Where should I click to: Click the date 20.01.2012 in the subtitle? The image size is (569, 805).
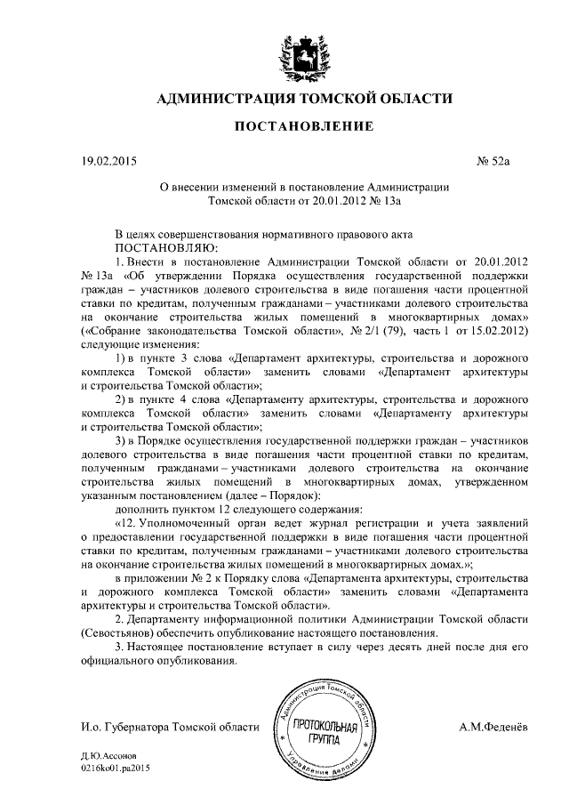pyautogui.click(x=338, y=202)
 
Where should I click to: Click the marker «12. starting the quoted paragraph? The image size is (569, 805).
pyautogui.click(x=130, y=525)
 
